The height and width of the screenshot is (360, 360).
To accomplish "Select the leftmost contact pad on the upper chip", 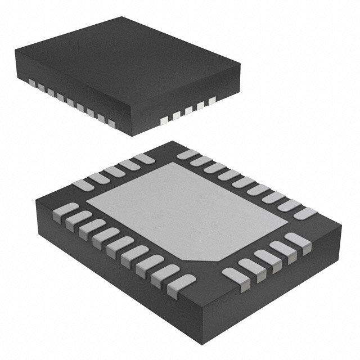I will tap(33, 84).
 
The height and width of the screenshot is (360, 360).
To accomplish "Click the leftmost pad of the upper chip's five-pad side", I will tap(164, 120).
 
